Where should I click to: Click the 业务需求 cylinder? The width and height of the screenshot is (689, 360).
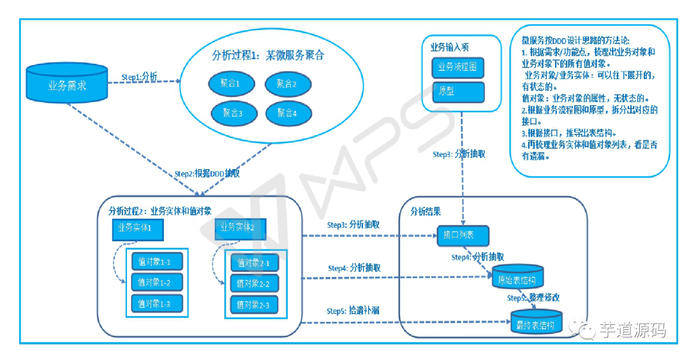(67, 84)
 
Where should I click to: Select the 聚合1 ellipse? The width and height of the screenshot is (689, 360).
(230, 84)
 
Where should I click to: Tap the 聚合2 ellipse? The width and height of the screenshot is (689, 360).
(286, 84)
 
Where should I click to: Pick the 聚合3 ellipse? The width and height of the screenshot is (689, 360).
(230, 113)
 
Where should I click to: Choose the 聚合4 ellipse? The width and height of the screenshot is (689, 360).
(286, 113)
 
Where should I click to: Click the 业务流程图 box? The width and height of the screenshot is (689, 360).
(457, 67)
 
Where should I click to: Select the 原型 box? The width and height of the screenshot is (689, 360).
(457, 91)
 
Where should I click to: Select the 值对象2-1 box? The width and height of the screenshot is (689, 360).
(253, 263)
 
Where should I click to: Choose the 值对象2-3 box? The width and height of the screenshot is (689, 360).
(253, 306)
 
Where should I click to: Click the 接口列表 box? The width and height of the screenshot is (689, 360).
(463, 236)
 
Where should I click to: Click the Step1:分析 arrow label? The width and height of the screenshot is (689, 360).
(139, 77)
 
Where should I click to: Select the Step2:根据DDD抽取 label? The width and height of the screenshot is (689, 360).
(207, 174)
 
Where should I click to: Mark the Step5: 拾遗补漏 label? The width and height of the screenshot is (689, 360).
(353, 311)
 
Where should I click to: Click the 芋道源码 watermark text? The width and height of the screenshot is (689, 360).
(632, 330)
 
